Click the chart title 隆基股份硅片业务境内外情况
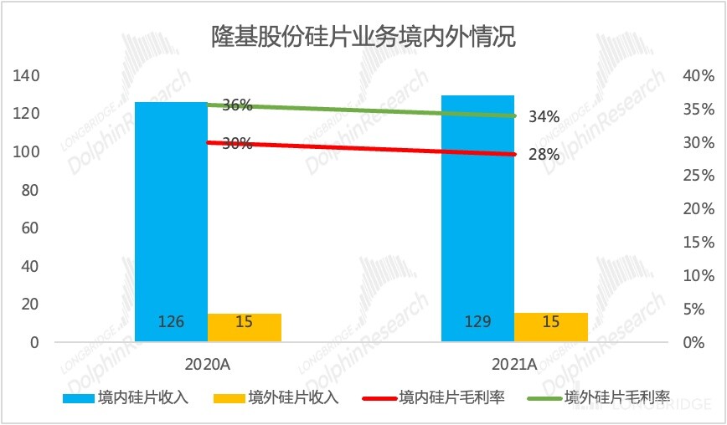click(363, 38)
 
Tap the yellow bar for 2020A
click(245, 327)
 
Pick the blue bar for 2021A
click(477, 218)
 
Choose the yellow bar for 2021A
click(551, 327)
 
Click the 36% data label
click(237, 105)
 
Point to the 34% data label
click(544, 117)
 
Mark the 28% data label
click(544, 155)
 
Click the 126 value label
click(171, 322)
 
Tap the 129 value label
click(477, 322)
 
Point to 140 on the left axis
click(27, 76)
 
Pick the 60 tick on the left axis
click(31, 228)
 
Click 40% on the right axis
click(699, 76)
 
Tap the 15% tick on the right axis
click(699, 243)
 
